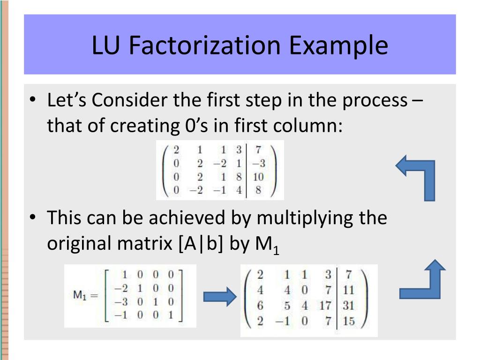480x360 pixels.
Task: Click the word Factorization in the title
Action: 206,45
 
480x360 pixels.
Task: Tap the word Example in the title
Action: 338,45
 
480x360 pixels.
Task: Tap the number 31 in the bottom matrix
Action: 348,306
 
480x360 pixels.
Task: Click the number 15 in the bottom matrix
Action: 348,322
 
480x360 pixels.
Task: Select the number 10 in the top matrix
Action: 258,177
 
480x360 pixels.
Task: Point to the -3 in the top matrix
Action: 258,164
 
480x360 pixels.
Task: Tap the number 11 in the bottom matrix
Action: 348,290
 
